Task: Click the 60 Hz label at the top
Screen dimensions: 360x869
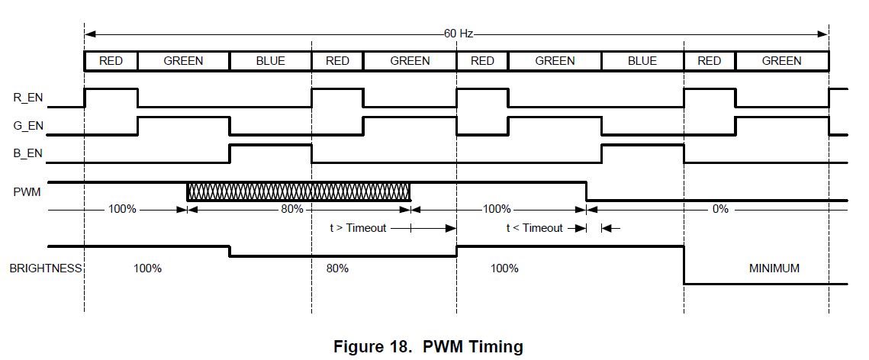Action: click(x=459, y=34)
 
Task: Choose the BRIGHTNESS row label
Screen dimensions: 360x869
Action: click(x=45, y=268)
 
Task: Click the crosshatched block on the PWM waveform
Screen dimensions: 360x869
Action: click(x=298, y=191)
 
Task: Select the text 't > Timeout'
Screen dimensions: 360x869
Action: click(x=358, y=227)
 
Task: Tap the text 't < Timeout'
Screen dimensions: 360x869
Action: click(x=534, y=227)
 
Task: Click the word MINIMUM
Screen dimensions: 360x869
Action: click(x=774, y=268)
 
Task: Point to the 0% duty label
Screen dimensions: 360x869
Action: click(x=719, y=208)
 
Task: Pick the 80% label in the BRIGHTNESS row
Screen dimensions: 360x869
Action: click(x=337, y=268)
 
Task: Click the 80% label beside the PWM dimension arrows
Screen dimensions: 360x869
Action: click(x=291, y=208)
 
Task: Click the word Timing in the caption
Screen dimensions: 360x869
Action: click(x=497, y=347)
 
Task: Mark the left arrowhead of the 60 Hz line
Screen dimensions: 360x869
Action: click(x=89, y=34)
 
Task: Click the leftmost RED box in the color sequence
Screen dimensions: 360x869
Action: click(x=111, y=61)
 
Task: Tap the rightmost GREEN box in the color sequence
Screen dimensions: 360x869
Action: click(x=781, y=61)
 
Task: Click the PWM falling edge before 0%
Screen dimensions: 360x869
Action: click(x=586, y=191)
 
